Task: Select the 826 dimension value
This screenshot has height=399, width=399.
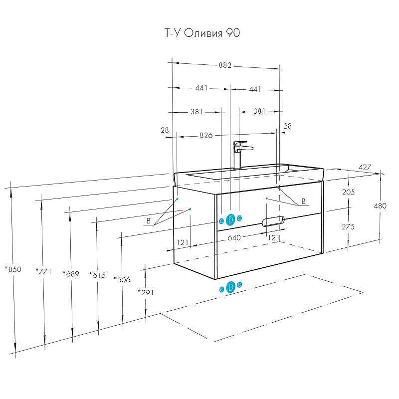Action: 206,135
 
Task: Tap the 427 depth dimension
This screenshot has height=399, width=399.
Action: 365,168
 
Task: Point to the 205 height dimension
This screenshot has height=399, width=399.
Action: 348,193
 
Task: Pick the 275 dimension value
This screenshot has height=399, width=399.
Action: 348,226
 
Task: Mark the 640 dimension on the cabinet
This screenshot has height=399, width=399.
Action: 234,238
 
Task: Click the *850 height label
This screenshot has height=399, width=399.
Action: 13,269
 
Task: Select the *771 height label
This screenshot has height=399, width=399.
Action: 43,271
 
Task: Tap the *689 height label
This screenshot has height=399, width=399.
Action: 71,273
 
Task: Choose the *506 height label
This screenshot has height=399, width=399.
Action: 122,279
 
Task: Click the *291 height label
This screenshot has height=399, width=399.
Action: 146,292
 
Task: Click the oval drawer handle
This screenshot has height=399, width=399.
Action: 273,220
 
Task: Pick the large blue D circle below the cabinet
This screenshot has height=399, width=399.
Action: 230,287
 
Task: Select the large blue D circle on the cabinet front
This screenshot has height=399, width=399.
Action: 230,219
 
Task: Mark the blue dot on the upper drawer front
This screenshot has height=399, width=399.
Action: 267,199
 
